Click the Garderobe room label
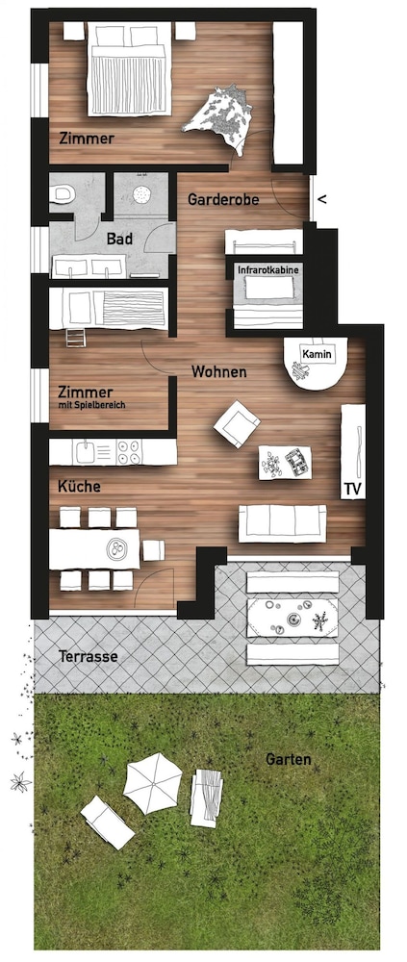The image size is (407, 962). pos(223,200)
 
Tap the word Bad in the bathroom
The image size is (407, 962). pos(119,240)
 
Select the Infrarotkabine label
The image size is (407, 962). pos(268,268)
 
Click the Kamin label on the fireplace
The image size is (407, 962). pos(317,354)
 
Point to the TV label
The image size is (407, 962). pos(352,489)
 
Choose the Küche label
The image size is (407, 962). pos(79,487)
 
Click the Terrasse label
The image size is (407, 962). pos(88,656)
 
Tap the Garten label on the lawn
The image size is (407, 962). pos(288,760)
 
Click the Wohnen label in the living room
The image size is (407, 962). pos(219,371)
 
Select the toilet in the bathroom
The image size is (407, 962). pos(63,195)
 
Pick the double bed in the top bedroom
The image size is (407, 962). pos(128,68)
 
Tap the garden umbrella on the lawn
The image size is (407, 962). pos(152,782)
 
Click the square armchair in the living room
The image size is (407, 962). pos(237,424)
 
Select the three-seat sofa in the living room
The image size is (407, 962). pos(282,523)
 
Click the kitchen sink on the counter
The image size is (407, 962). pos(84,452)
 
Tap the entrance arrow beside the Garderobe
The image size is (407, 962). pos(323,199)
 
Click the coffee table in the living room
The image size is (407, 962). pos(285,463)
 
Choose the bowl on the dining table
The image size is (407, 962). pos(114,549)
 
